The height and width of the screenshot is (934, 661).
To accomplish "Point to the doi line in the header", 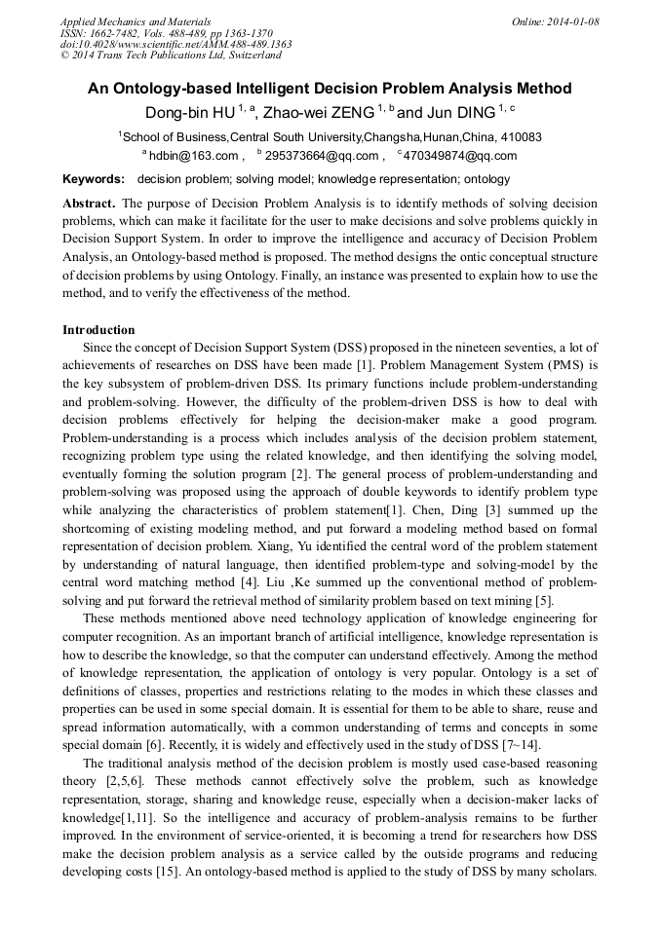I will pos(175,44).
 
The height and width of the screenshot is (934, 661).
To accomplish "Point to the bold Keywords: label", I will pos(94,179).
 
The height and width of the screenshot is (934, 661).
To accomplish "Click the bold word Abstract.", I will pos(89,204).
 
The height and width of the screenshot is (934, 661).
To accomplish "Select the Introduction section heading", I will pos(98,330).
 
